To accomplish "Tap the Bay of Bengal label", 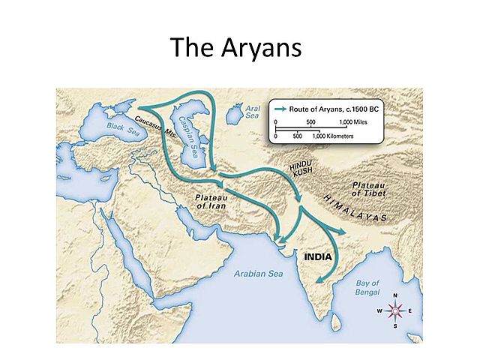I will pos(367,288).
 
